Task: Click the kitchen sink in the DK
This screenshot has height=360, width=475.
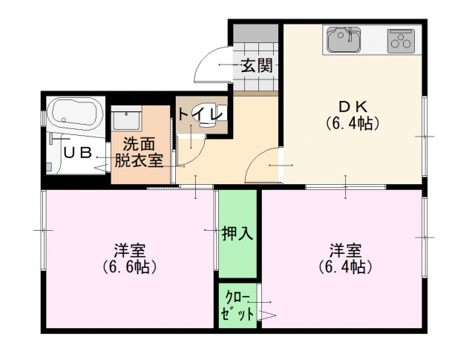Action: pyautogui.click(x=344, y=39)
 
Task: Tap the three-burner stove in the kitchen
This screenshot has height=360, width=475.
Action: pyautogui.click(x=401, y=42)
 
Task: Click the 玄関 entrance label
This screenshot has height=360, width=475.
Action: pyautogui.click(x=257, y=65)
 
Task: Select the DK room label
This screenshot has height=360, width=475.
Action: pyautogui.click(x=353, y=107)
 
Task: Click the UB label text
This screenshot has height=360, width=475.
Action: pyautogui.click(x=77, y=153)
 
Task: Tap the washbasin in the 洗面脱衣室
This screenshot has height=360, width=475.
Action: pyautogui.click(x=127, y=120)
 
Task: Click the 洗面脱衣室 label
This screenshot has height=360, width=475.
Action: pyautogui.click(x=139, y=152)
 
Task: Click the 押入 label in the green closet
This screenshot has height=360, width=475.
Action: pyautogui.click(x=237, y=233)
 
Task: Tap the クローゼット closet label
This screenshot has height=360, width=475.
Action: pyautogui.click(x=237, y=305)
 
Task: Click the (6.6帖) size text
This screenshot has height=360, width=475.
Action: pyautogui.click(x=129, y=267)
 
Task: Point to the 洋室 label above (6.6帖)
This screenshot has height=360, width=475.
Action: pyautogui.click(x=130, y=251)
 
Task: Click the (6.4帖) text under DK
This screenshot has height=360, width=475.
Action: pyautogui.click(x=353, y=123)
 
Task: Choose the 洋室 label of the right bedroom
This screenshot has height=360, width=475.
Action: pyautogui.click(x=345, y=251)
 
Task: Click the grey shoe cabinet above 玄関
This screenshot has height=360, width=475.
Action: pyautogui.click(x=255, y=33)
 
